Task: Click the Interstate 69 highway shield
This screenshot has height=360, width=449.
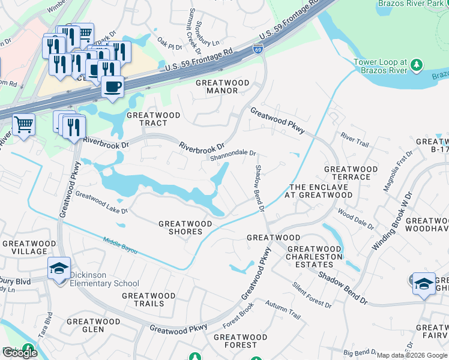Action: [x=258, y=49]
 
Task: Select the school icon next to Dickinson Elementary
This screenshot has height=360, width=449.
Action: [x=59, y=268]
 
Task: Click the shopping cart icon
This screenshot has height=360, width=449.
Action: [x=23, y=125]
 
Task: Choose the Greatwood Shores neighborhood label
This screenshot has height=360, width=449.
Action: [x=185, y=228]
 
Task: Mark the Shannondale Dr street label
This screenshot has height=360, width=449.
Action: [x=233, y=157]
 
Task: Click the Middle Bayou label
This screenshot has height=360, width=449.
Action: [x=120, y=244]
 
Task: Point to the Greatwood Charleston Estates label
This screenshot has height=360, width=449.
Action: [x=315, y=253]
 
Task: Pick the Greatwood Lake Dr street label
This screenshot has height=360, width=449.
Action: [x=101, y=203]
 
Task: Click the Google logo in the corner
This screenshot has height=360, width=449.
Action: [x=19, y=353]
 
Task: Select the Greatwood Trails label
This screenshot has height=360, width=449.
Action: [x=148, y=299]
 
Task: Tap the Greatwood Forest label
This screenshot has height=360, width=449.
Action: [x=235, y=341]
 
